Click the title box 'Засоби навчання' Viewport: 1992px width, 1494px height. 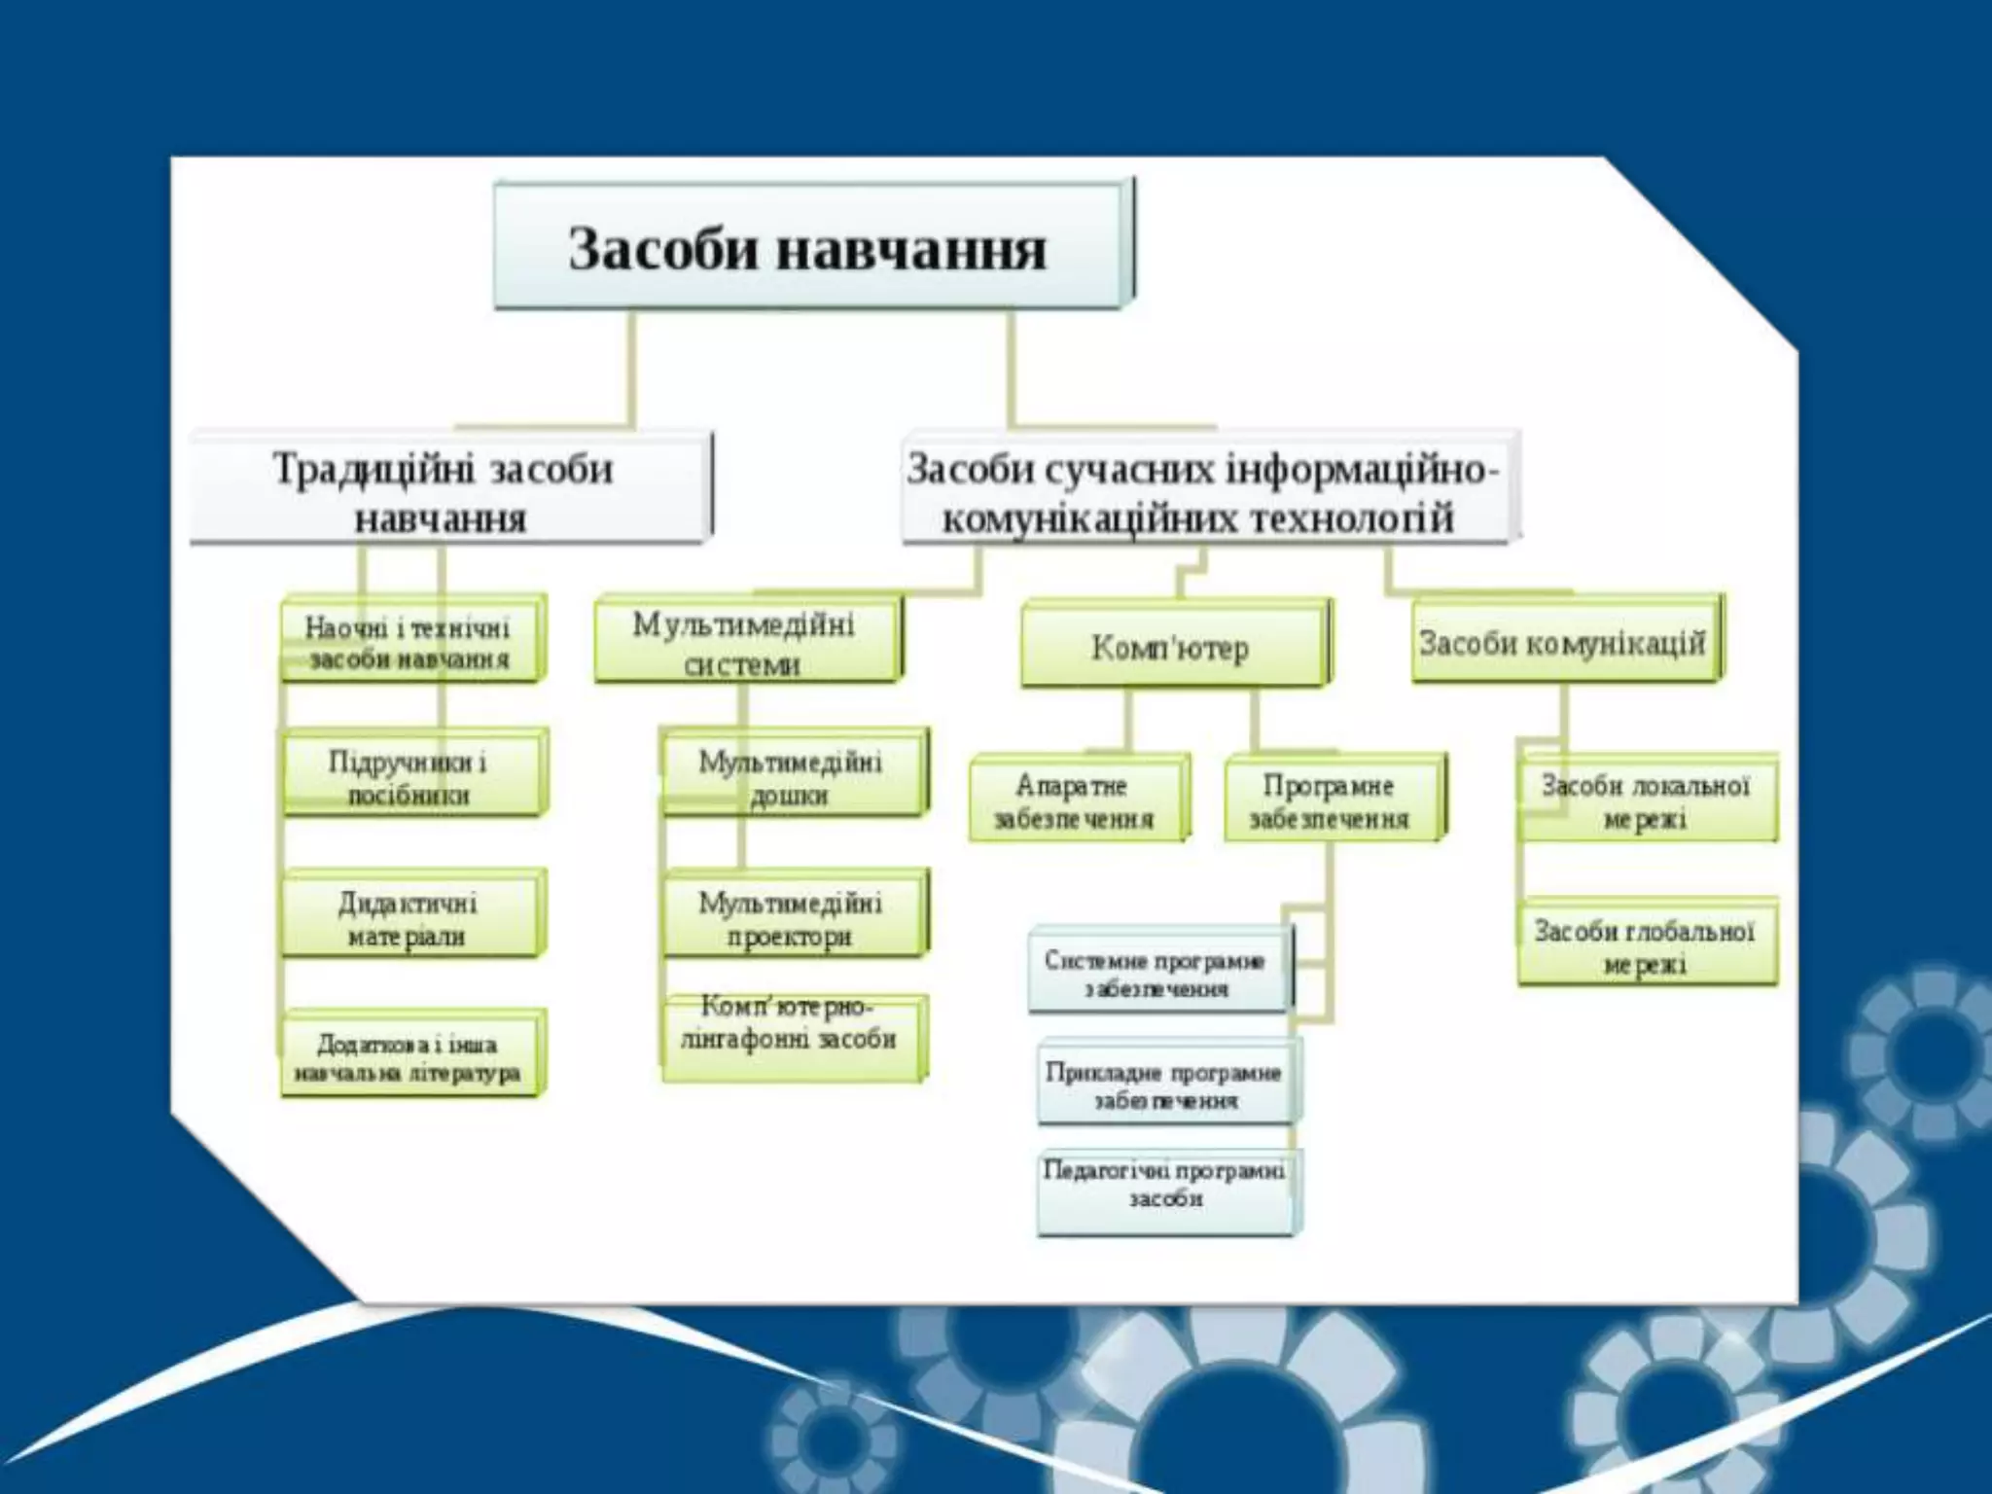812,247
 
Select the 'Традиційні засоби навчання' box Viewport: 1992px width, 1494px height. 449,490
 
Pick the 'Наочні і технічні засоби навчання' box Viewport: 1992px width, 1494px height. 410,641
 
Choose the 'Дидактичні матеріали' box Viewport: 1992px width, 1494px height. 410,917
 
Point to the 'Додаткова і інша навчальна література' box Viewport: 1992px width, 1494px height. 410,1057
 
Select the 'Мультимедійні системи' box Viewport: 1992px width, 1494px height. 747,642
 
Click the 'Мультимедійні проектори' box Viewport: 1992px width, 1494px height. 794,917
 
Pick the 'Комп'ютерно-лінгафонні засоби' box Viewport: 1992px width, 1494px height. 792,1035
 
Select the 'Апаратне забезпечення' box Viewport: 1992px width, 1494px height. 1078,800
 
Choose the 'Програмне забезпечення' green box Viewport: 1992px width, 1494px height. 1333,800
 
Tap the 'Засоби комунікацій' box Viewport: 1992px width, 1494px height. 1564,642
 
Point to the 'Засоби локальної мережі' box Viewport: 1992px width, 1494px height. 1647,800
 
